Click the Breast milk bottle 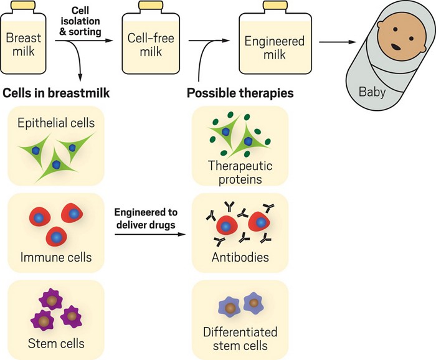pos(24,47)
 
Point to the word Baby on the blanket pos(372,93)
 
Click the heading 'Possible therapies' pos(240,93)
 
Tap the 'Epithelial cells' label pos(57,122)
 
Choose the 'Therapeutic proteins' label pos(241,173)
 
